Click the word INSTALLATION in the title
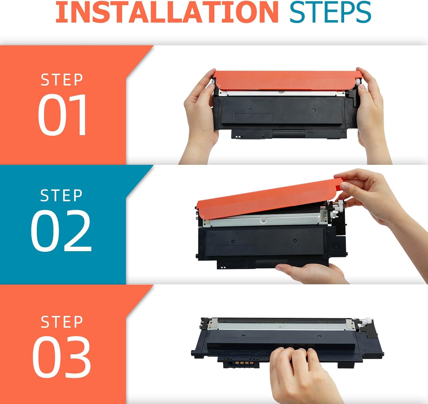(x=167, y=12)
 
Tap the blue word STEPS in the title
(x=330, y=12)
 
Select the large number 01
(x=62, y=114)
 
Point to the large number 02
(x=61, y=230)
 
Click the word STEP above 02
(x=61, y=195)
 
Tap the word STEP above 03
(x=62, y=322)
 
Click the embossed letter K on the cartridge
(x=336, y=246)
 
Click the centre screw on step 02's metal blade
(x=263, y=220)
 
